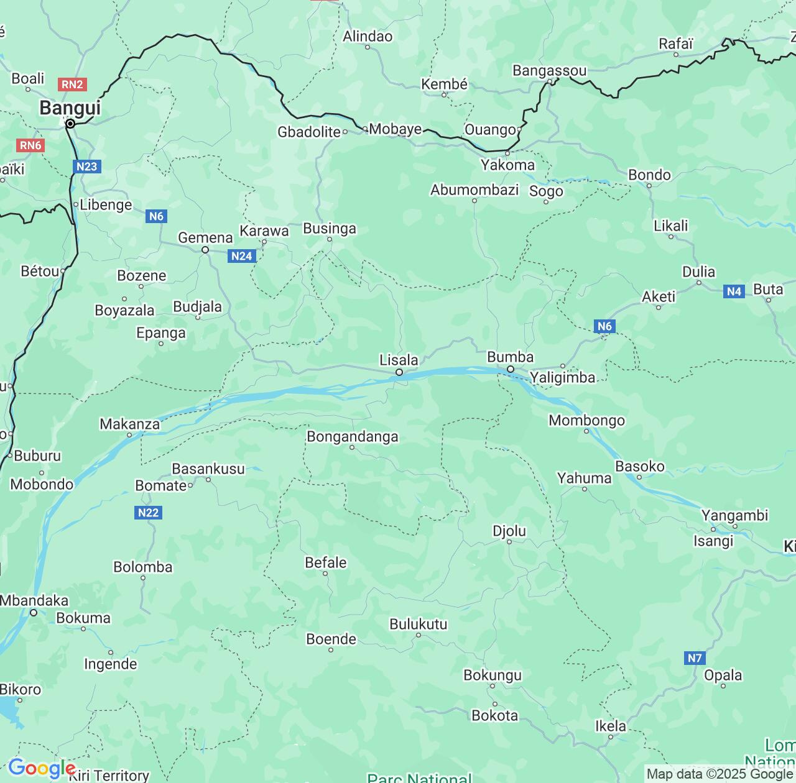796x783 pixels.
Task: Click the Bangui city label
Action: point(70,108)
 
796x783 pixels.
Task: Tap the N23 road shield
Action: point(86,167)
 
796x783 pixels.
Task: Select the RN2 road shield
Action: point(72,84)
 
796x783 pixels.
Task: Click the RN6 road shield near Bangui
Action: point(30,145)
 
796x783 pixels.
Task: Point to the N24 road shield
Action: point(241,256)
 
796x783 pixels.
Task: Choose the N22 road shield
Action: point(148,513)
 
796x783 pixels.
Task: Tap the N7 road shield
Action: point(695,658)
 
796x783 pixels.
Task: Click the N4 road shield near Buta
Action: point(734,291)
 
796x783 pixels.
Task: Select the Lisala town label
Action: point(399,360)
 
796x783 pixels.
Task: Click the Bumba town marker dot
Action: point(511,369)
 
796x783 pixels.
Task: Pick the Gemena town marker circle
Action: point(205,250)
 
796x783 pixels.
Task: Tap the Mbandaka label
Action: point(34,600)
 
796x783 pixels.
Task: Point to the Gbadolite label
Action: point(308,132)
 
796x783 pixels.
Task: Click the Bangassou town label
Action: point(549,71)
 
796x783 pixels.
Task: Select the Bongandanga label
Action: point(352,437)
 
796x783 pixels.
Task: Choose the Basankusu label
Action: point(208,469)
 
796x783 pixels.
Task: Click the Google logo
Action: point(41,769)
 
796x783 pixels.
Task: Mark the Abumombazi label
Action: point(474,190)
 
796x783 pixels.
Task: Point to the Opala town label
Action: point(723,675)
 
